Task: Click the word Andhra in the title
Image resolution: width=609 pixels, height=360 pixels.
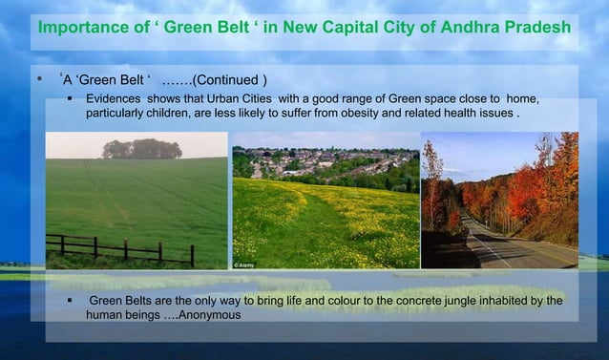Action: pyautogui.click(x=465, y=26)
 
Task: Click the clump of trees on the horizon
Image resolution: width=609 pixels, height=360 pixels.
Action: pyautogui.click(x=141, y=149)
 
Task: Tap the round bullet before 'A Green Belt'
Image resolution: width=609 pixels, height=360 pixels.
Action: pyautogui.click(x=37, y=77)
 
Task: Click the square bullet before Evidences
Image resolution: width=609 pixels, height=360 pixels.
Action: pyautogui.click(x=71, y=99)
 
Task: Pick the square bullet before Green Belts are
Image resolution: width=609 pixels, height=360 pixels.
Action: pyautogui.click(x=71, y=302)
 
